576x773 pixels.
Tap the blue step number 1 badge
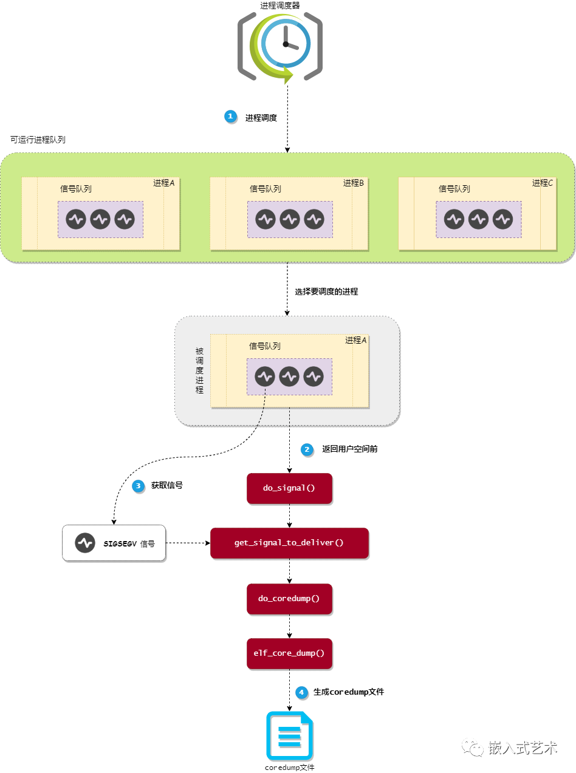(x=230, y=117)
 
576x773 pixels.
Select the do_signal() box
(x=289, y=488)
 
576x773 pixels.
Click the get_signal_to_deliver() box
(x=289, y=543)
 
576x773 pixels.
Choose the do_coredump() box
(x=289, y=599)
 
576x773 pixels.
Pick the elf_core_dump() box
(x=289, y=653)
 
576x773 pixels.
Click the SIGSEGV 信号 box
(x=114, y=543)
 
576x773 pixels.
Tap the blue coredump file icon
(x=289, y=735)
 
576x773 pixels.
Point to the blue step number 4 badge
(x=301, y=692)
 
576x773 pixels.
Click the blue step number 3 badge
(x=138, y=486)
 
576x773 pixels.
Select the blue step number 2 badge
(x=307, y=449)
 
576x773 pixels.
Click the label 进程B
(x=353, y=183)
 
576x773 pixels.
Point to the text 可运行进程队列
(x=38, y=140)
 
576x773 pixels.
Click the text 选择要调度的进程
(x=326, y=291)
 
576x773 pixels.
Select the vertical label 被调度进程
(x=199, y=370)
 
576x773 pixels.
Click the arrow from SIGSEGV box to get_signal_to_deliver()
(x=188, y=543)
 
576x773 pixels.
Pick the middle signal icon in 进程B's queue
(x=290, y=219)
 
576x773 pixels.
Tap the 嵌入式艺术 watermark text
(x=523, y=748)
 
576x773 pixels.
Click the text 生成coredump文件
(x=349, y=692)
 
